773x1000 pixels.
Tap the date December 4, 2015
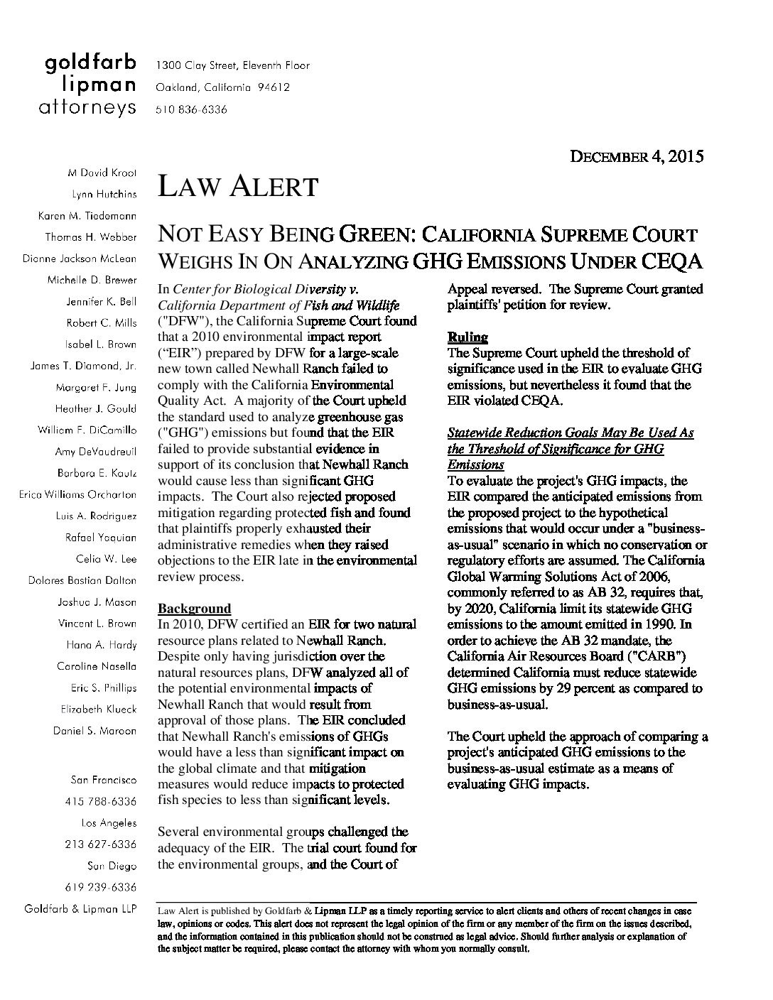point(637,157)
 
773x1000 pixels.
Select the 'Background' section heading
point(194,608)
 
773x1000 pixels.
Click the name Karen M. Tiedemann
point(87,215)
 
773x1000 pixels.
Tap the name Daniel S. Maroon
point(95,730)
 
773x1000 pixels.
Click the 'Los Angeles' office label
point(109,822)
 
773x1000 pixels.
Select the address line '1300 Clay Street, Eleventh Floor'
point(232,65)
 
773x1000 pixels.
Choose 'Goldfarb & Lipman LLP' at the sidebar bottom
point(80,908)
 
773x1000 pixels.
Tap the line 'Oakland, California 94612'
point(222,87)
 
